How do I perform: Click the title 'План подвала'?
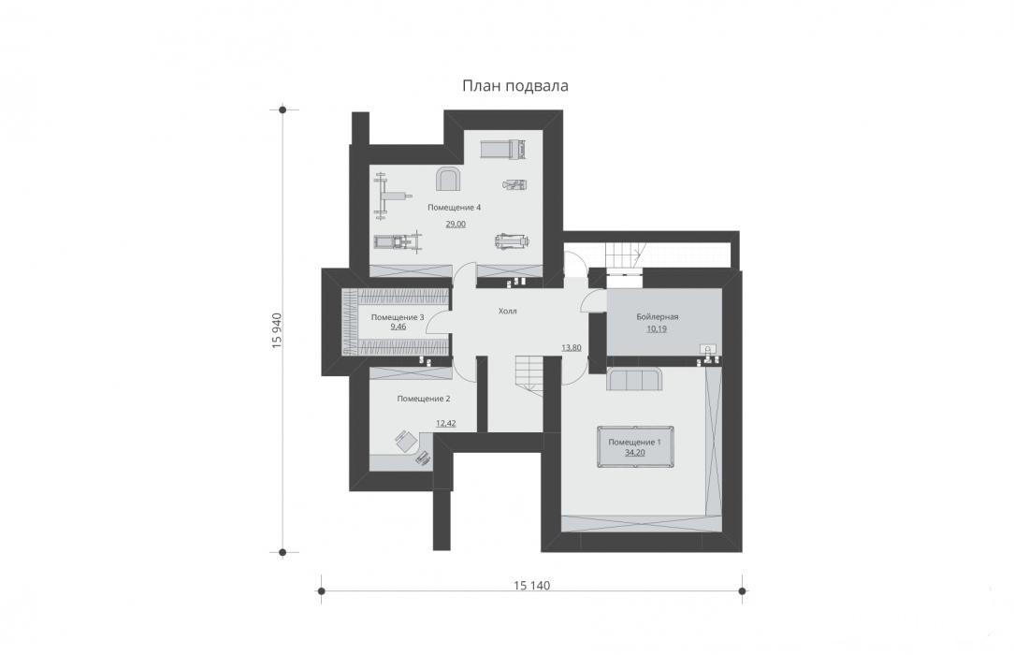[514, 86]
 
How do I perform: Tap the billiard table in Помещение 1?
[634, 446]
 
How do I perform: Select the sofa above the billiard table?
[634, 380]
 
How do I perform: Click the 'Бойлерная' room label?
[657, 317]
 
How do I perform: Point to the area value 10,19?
[657, 328]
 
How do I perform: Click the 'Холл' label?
[508, 311]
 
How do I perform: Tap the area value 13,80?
[571, 348]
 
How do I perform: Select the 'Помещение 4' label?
[454, 208]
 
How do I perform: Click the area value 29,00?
[456, 225]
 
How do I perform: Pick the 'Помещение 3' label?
[398, 317]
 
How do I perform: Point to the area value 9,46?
[398, 327]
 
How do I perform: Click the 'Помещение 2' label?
[424, 399]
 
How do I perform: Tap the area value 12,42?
[445, 424]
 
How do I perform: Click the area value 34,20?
[634, 453]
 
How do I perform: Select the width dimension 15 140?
[531, 586]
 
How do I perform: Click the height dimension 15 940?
[277, 331]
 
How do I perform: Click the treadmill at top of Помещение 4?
[504, 150]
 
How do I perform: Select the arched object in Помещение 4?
[447, 179]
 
